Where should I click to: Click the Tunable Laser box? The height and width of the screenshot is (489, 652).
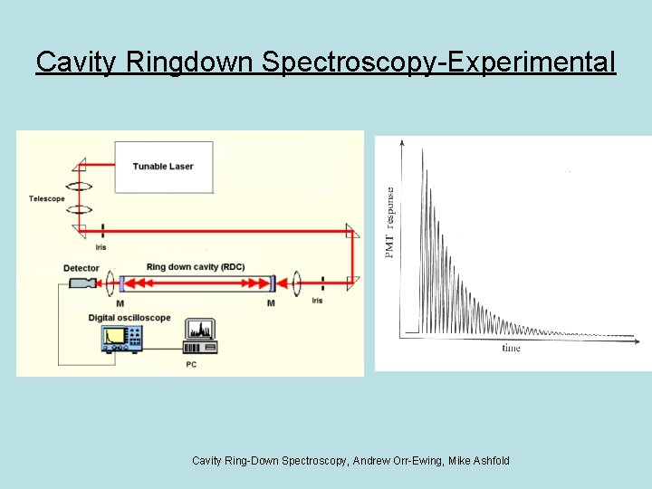click(x=163, y=167)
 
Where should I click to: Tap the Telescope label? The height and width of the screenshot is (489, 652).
click(x=46, y=199)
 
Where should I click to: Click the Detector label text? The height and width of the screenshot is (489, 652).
click(x=81, y=268)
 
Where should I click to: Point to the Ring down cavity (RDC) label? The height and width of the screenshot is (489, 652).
click(x=195, y=267)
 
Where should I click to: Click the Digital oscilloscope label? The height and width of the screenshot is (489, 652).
click(x=129, y=318)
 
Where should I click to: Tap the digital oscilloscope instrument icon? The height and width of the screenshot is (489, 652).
click(x=122, y=338)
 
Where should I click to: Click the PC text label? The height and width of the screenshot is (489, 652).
click(x=191, y=364)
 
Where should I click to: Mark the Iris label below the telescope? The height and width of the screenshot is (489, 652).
click(x=101, y=246)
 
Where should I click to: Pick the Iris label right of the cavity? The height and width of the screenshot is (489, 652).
click(x=316, y=300)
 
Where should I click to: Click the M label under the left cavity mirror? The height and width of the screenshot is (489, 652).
click(x=120, y=303)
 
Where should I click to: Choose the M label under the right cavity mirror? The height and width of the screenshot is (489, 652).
click(x=271, y=303)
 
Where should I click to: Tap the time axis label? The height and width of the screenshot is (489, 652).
click(x=512, y=348)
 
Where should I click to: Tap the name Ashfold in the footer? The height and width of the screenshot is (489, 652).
click(x=489, y=461)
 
